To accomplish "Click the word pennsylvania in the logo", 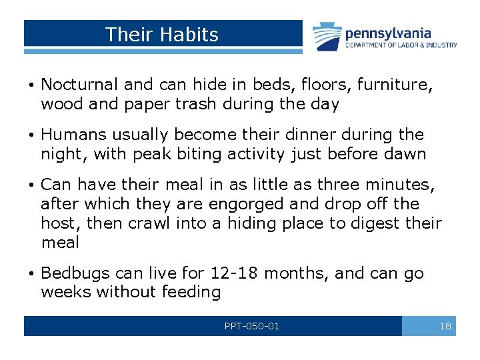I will coord(387,33).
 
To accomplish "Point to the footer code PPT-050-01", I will coord(252,326).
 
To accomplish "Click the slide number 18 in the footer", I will coord(445,326).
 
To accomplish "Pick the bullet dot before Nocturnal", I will coord(31,85).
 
